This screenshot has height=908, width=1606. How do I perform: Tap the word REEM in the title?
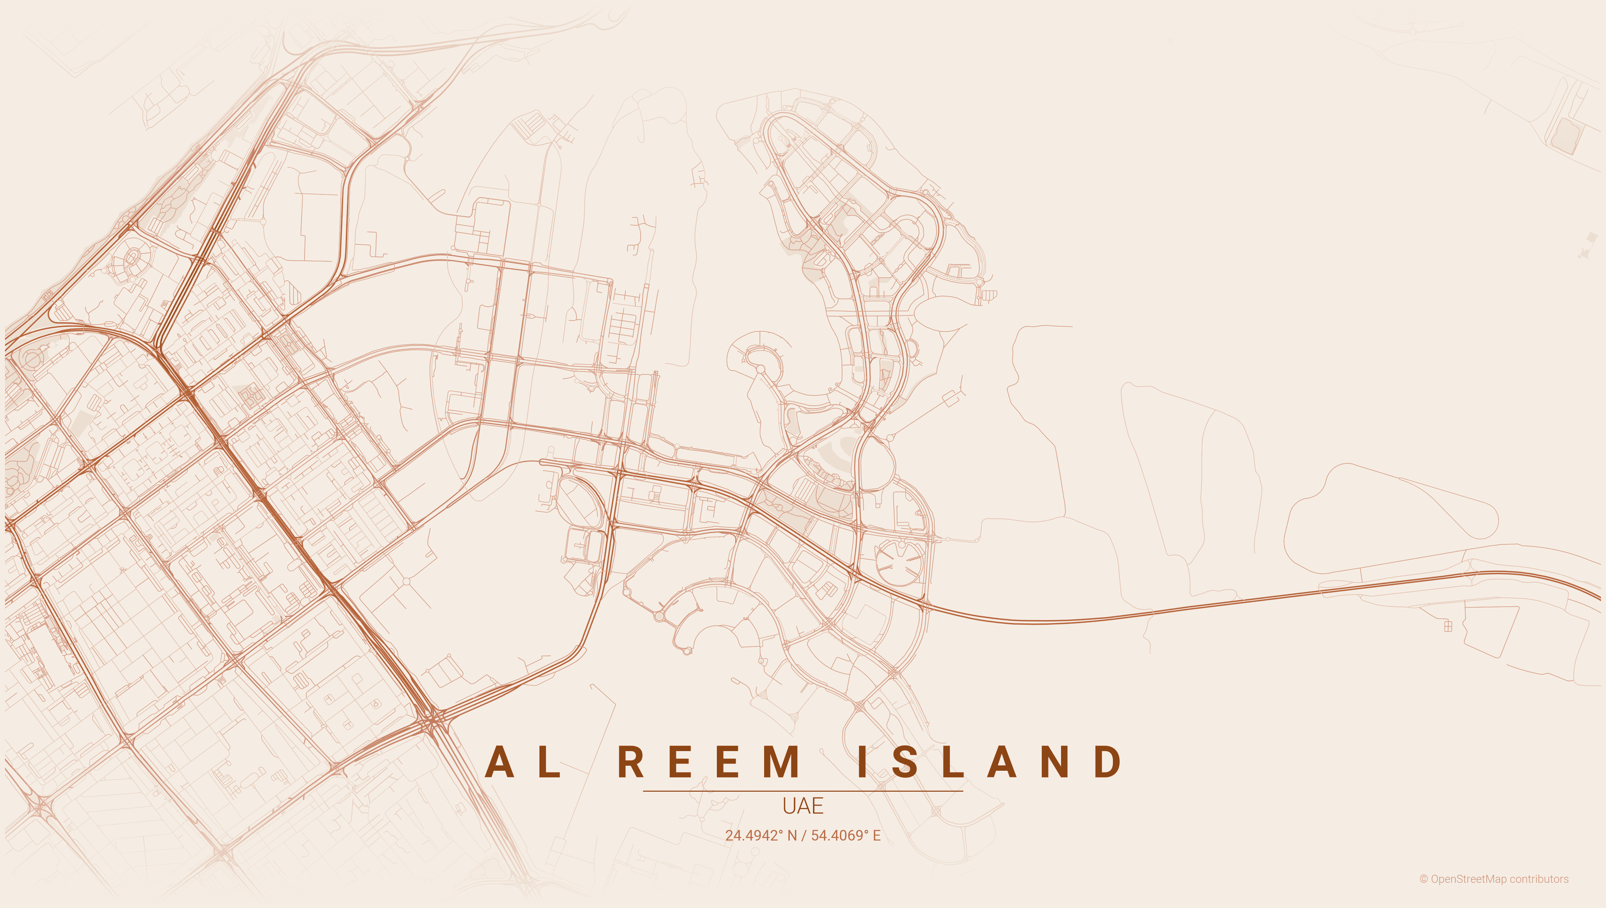[709, 762]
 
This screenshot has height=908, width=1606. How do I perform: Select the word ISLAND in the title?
[990, 762]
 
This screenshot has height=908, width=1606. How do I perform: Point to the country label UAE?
[803, 806]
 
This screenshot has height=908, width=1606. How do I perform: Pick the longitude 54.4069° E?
[845, 836]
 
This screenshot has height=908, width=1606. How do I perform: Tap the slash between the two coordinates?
[803, 836]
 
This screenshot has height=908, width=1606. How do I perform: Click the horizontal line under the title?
[803, 791]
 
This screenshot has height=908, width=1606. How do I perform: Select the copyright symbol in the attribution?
[1423, 879]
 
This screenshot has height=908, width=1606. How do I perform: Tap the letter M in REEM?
[781, 762]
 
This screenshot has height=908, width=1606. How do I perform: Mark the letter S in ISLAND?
[904, 762]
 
